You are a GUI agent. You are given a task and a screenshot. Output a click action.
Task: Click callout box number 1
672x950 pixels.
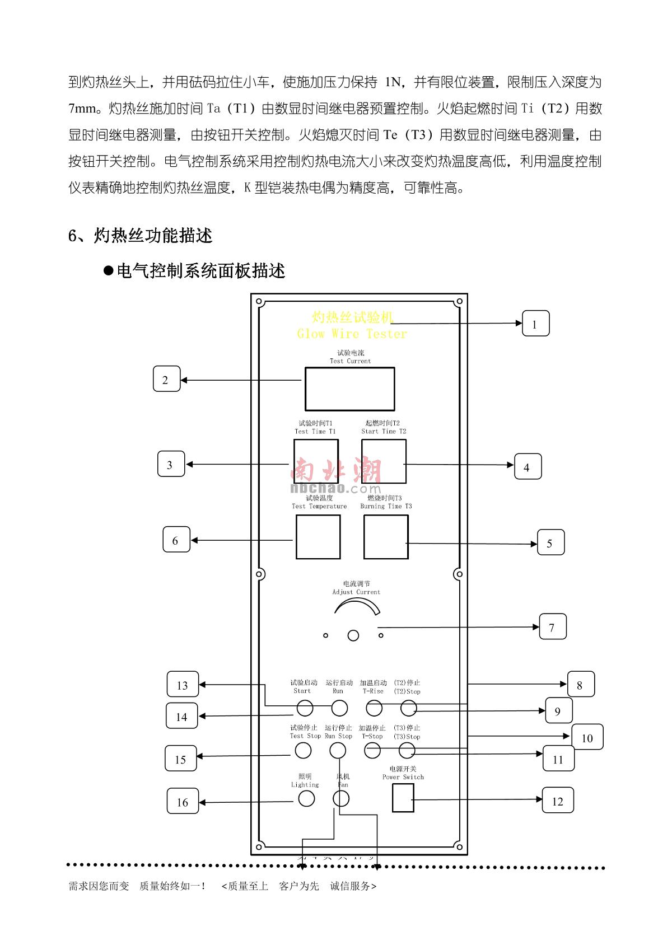click(535, 324)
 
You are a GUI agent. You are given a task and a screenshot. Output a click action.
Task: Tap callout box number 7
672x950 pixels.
click(552, 627)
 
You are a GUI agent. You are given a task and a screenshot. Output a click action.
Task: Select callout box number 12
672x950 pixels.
click(558, 801)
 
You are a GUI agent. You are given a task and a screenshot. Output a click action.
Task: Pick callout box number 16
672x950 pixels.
click(183, 802)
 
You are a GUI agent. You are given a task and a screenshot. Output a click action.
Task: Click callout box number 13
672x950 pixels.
click(182, 685)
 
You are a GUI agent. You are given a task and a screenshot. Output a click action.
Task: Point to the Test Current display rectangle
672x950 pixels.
click(349, 389)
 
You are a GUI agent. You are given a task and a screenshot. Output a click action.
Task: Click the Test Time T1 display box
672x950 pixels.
click(316, 461)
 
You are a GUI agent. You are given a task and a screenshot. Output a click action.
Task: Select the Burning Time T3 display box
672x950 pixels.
click(386, 537)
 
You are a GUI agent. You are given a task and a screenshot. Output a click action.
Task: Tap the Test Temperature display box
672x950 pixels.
click(318, 537)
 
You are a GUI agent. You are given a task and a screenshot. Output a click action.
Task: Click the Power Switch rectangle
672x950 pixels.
click(403, 798)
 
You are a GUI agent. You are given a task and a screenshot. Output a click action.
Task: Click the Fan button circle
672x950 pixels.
click(341, 799)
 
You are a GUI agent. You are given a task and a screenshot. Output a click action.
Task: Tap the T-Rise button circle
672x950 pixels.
click(374, 708)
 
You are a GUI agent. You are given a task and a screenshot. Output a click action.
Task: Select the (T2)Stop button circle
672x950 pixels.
click(409, 709)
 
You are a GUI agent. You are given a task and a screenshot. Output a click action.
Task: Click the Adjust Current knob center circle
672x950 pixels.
click(353, 635)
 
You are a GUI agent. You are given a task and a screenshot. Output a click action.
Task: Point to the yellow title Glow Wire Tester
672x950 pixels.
click(352, 334)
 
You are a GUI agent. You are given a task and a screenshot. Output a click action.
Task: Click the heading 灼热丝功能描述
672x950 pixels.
click(153, 236)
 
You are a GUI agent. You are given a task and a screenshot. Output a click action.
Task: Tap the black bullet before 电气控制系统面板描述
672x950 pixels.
click(109, 271)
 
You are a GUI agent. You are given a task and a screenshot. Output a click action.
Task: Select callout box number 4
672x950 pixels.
click(528, 467)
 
